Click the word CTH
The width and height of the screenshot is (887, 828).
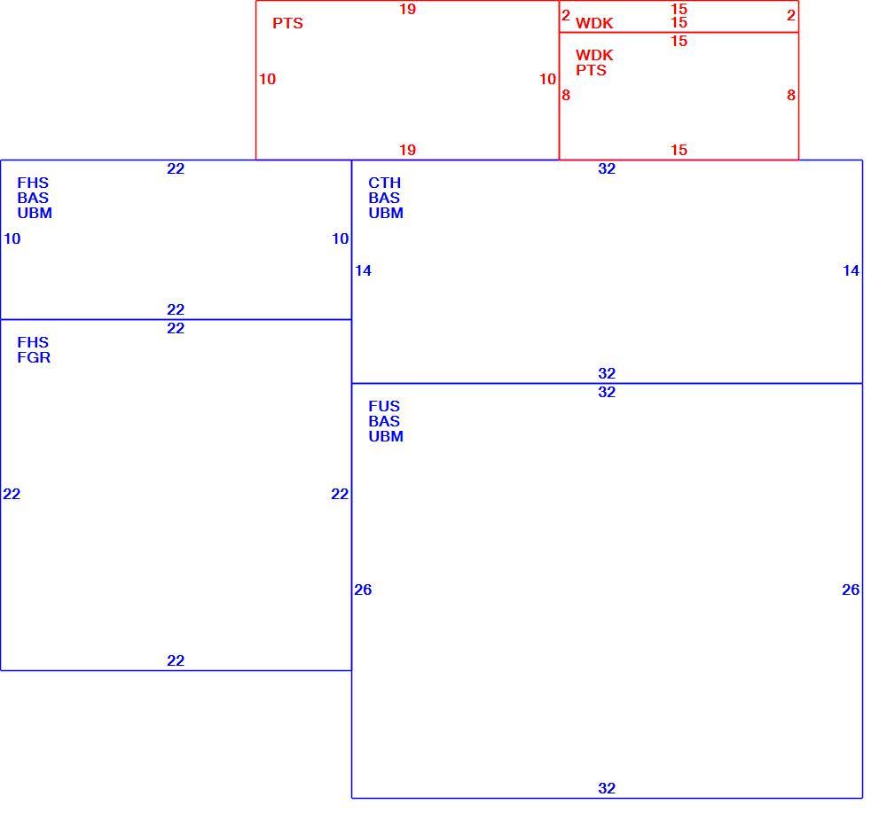coord(384,183)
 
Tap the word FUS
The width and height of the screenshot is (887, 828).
coord(383,406)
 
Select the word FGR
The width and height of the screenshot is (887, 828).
coord(34,357)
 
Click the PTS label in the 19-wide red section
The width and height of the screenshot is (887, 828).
coord(287,23)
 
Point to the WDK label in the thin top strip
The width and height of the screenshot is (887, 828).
coord(594,23)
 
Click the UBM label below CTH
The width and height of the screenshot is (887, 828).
coord(386,213)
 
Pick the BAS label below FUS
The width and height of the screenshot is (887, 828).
coord(383,421)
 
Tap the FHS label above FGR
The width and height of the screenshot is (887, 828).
coord(33,342)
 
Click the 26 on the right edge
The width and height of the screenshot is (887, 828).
coord(851,590)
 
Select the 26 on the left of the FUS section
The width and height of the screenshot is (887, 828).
coord(363,590)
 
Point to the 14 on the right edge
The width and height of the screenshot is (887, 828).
coord(851,270)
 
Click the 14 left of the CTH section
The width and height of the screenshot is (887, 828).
coord(363,270)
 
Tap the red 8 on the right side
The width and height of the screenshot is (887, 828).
coord(791,95)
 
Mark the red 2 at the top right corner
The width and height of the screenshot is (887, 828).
coord(791,15)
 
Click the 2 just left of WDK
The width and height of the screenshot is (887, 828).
coord(566,15)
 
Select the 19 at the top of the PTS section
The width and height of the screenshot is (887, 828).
coord(407,9)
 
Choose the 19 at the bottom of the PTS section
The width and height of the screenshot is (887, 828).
coord(407,150)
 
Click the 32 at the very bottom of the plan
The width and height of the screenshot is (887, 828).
coord(607,788)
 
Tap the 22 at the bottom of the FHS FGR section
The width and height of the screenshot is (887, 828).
coord(176,660)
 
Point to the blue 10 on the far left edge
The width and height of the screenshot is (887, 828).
coord(12,238)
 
